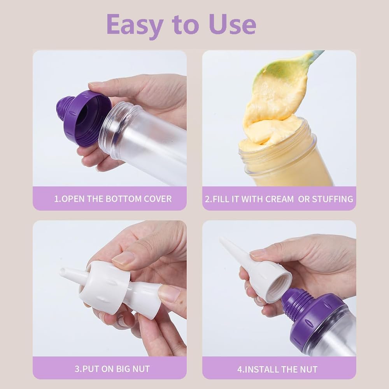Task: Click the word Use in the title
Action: pos(233,24)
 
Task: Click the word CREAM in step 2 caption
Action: pos(279,199)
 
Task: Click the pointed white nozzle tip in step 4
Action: pos(222,239)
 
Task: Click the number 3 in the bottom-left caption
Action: pos(77,369)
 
